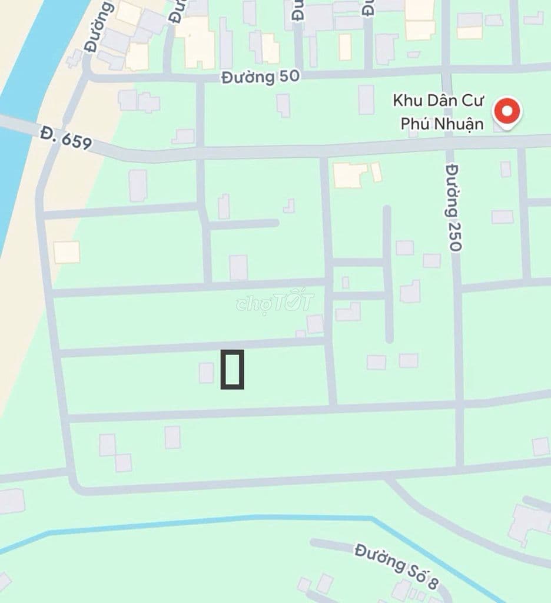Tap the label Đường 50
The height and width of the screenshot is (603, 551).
(x=260, y=77)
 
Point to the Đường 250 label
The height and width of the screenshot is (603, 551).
(x=453, y=207)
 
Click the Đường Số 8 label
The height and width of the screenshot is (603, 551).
(x=397, y=566)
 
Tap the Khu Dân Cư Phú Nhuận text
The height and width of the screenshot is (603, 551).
(x=438, y=112)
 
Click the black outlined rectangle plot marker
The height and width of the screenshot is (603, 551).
(x=232, y=369)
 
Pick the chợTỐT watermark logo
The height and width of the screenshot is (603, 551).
(x=275, y=301)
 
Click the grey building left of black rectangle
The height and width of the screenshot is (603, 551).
(x=206, y=373)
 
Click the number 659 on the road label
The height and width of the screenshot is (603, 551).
(x=76, y=140)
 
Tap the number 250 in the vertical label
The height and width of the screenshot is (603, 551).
(x=453, y=234)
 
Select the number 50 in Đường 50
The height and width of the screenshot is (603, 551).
(x=289, y=77)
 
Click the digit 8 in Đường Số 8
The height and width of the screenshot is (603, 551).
(x=433, y=583)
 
